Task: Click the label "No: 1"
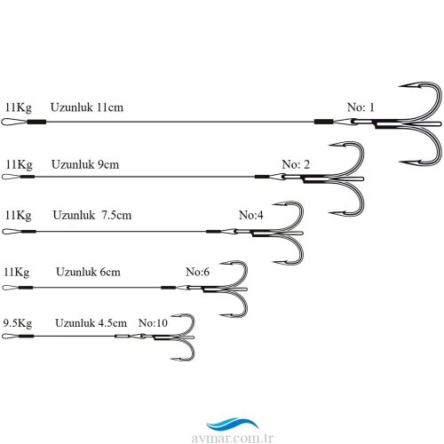click(x=361, y=107)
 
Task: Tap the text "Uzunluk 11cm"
click(x=87, y=107)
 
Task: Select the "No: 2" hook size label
click(x=296, y=164)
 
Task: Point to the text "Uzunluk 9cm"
click(x=85, y=164)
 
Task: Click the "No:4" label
click(x=250, y=215)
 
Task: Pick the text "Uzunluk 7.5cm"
click(x=92, y=215)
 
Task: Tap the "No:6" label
click(x=197, y=272)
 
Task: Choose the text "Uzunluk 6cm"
click(x=88, y=272)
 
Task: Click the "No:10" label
click(x=153, y=322)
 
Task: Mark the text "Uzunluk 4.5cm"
click(x=91, y=322)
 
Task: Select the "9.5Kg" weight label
click(x=18, y=323)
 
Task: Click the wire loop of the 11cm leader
click(x=3, y=122)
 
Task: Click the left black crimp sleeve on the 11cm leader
click(x=36, y=122)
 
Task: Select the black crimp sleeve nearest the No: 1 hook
click(x=323, y=122)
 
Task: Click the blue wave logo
click(x=233, y=424)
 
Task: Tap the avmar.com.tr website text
click(x=233, y=438)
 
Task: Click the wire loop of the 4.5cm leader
click(x=3, y=336)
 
